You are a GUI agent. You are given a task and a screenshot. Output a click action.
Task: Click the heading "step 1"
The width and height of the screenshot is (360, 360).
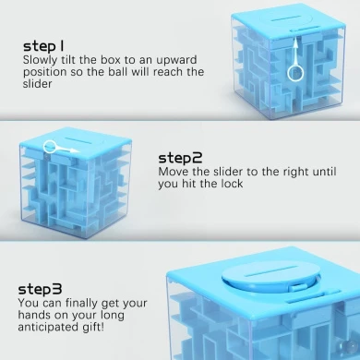(x=45, y=45)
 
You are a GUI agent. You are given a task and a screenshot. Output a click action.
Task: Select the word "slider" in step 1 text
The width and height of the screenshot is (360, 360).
(x=39, y=84)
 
